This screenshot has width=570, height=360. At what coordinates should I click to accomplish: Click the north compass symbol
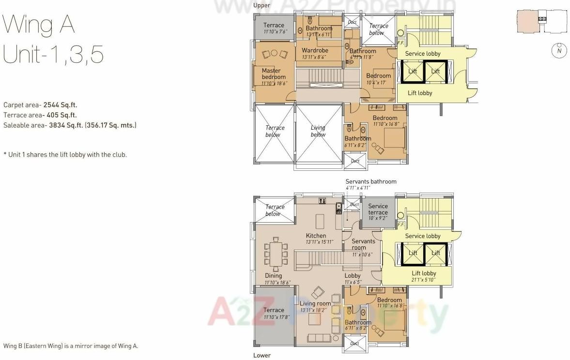pyautogui.click(x=559, y=50)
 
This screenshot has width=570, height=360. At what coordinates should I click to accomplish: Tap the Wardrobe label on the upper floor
pyautogui.click(x=315, y=50)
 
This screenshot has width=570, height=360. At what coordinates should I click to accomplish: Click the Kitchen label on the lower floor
pyautogui.click(x=316, y=236)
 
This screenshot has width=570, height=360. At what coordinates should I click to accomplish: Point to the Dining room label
pyautogui.click(x=273, y=276)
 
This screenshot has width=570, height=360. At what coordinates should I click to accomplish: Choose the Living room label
pyautogui.click(x=315, y=303)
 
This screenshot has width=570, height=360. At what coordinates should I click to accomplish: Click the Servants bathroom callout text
pyautogui.click(x=370, y=181)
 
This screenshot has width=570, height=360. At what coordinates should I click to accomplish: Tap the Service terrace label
pyautogui.click(x=378, y=209)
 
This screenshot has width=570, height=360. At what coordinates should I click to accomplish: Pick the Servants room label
pyautogui.click(x=363, y=244)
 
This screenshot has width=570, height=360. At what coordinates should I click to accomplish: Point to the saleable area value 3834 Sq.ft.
pyautogui.click(x=64, y=125)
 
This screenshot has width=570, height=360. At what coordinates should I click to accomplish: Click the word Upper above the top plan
pyautogui.click(x=262, y=5)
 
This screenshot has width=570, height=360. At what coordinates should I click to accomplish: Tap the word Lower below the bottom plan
pyautogui.click(x=262, y=355)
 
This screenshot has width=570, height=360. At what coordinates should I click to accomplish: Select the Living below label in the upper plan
pyautogui.click(x=318, y=131)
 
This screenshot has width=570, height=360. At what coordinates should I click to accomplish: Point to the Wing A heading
pyautogui.click(x=39, y=25)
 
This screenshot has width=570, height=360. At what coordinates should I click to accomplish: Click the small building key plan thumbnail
pyautogui.click(x=541, y=22)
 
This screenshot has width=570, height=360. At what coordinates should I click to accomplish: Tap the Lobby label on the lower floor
pyautogui.click(x=352, y=276)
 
